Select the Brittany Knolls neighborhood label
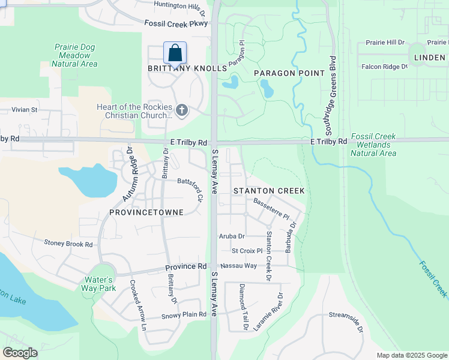(x=187, y=68)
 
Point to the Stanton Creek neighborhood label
(x=269, y=191)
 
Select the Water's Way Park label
(x=98, y=284)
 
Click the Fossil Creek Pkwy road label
(x=176, y=23)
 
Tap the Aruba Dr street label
(x=232, y=236)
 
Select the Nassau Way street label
(x=238, y=265)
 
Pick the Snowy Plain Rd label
(x=184, y=316)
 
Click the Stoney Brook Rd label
(x=68, y=244)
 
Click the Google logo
(x=20, y=353)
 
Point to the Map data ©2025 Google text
(x=411, y=355)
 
